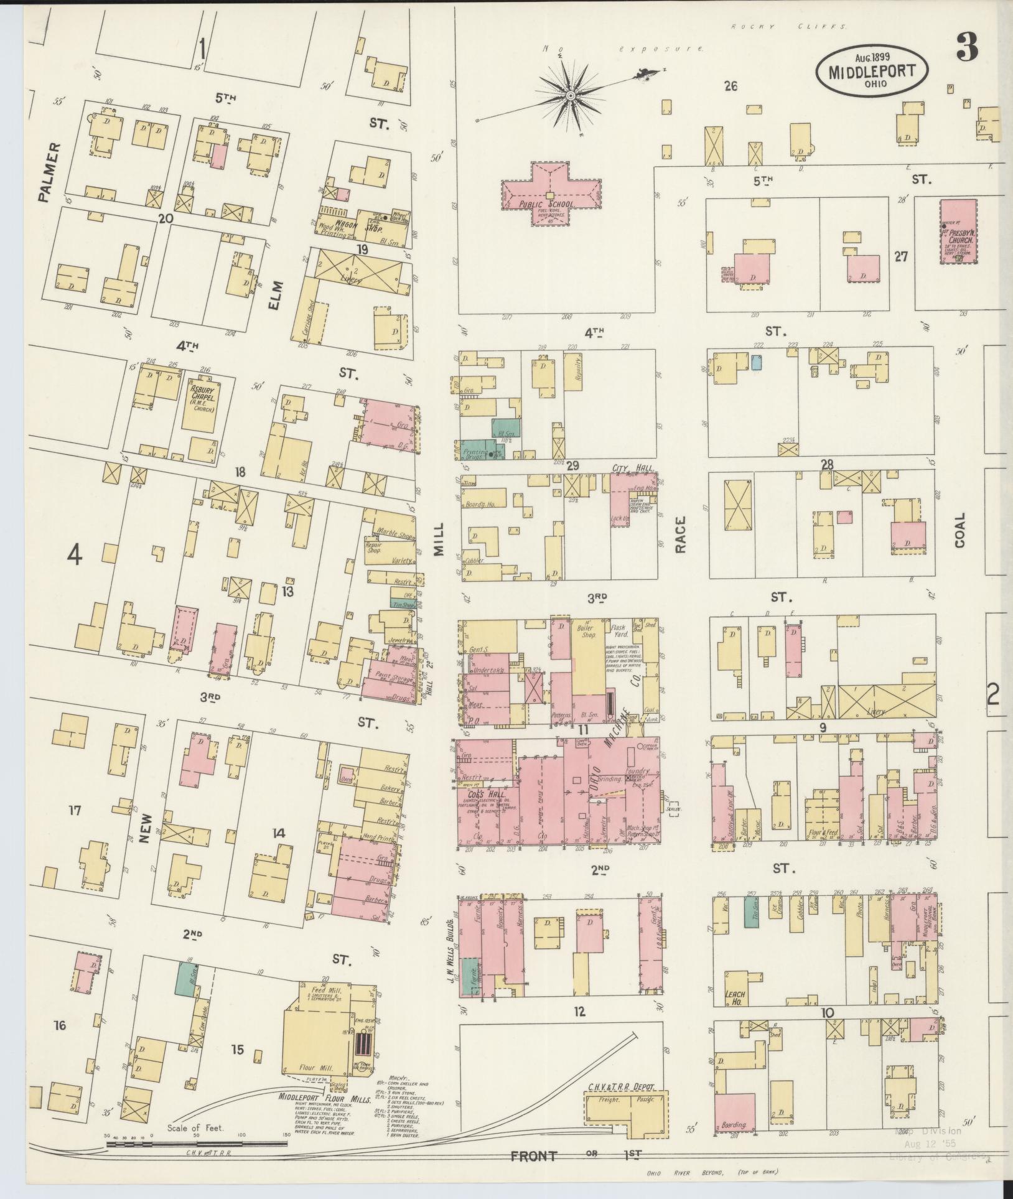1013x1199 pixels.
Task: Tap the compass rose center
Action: tap(570, 95)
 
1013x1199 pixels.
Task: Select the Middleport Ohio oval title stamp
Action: tap(871, 70)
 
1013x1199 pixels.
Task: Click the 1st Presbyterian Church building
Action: tap(958, 231)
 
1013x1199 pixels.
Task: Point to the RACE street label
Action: tap(680, 534)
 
